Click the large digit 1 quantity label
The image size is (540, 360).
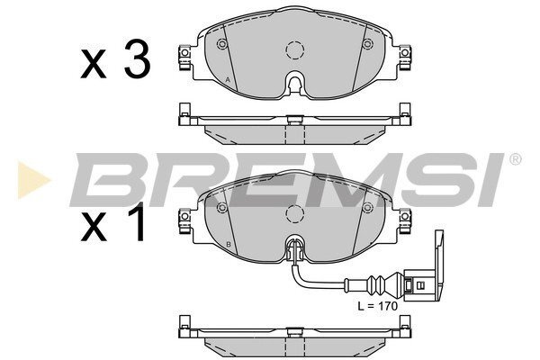pos(137,222)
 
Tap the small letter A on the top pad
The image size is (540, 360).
pos(228,80)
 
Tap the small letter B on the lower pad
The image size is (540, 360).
pos(229,245)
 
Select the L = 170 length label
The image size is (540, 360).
pos(377,306)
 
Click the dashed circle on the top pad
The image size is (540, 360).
pos(295,50)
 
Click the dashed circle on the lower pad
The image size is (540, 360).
pos(295,213)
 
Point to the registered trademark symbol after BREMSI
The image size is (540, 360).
pos(515,159)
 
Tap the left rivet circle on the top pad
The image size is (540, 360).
pos(222,44)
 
